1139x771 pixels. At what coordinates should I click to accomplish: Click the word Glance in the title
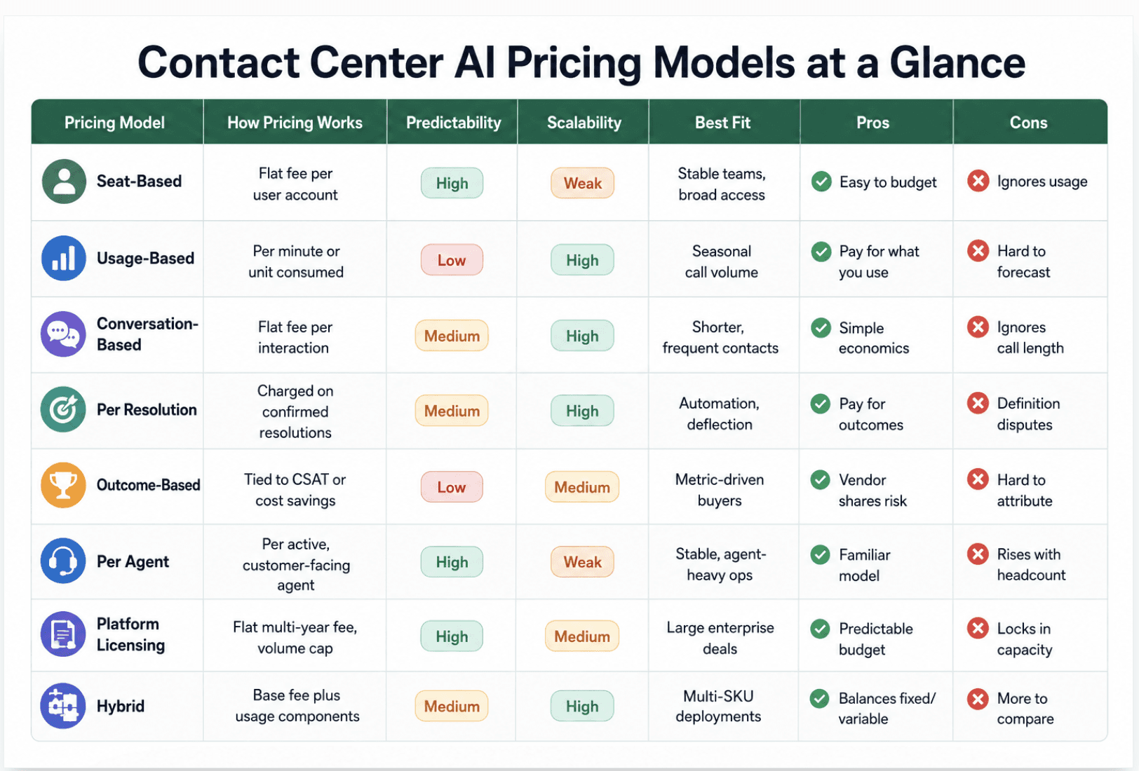click(x=957, y=62)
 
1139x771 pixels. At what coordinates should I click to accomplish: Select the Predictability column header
click(x=453, y=123)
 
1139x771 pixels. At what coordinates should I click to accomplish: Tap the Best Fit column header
click(x=722, y=123)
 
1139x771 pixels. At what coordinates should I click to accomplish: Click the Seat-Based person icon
click(x=64, y=182)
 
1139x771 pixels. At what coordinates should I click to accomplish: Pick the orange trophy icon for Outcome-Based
click(x=64, y=485)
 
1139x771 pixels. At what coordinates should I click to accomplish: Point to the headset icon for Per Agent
click(x=64, y=561)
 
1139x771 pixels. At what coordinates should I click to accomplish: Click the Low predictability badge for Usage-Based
click(x=452, y=260)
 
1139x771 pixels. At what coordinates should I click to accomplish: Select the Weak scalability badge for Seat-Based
click(x=582, y=182)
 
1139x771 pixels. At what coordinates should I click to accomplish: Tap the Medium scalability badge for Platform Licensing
click(x=582, y=636)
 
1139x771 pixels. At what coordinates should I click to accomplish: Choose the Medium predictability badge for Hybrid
click(x=452, y=705)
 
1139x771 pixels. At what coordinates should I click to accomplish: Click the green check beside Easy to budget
click(x=821, y=182)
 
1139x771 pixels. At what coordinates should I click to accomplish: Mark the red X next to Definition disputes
click(x=978, y=404)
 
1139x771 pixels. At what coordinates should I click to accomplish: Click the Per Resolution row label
click(x=147, y=409)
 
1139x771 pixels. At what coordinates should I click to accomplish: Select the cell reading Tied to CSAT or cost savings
click(x=295, y=490)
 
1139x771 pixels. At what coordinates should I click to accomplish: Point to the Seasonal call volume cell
click(x=722, y=261)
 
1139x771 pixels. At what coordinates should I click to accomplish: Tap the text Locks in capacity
click(x=1025, y=639)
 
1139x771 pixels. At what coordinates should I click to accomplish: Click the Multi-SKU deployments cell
click(x=718, y=706)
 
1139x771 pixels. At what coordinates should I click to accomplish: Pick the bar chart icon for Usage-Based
click(x=64, y=258)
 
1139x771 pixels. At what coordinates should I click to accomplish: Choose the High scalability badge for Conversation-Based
click(x=582, y=336)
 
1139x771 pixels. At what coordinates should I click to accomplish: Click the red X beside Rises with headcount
click(x=978, y=554)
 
